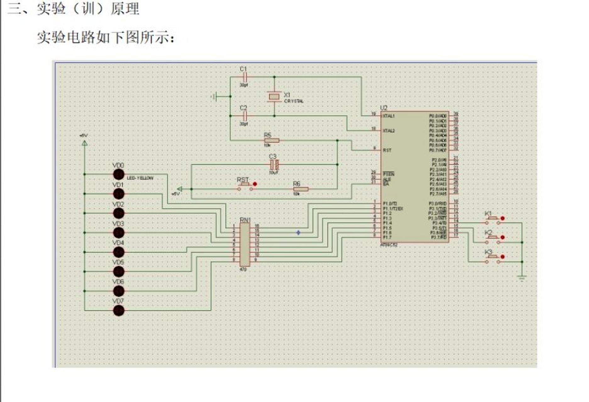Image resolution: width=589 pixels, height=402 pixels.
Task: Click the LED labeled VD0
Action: [119, 174]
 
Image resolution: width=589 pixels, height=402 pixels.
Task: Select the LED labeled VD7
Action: [119, 311]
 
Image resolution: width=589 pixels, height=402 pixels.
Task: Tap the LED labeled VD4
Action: [119, 252]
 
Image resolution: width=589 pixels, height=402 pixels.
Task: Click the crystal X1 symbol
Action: [274, 96]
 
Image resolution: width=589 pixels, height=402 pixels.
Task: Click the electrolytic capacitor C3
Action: [274, 164]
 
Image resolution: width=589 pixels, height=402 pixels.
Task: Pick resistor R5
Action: [271, 140]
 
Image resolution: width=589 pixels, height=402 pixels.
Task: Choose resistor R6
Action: [301, 189]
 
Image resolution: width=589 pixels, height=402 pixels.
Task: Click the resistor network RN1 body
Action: [245, 244]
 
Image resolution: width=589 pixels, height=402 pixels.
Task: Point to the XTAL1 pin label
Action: [389, 116]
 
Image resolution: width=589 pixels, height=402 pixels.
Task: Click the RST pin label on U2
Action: [387, 150]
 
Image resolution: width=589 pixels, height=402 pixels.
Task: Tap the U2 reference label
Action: [384, 108]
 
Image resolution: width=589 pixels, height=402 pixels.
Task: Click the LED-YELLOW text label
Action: [140, 178]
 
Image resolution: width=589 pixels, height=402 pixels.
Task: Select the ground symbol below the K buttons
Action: [522, 277]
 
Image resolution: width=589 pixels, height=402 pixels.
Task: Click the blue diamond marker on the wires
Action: [298, 233]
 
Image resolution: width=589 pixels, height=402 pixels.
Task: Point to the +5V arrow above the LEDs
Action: [85, 143]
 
